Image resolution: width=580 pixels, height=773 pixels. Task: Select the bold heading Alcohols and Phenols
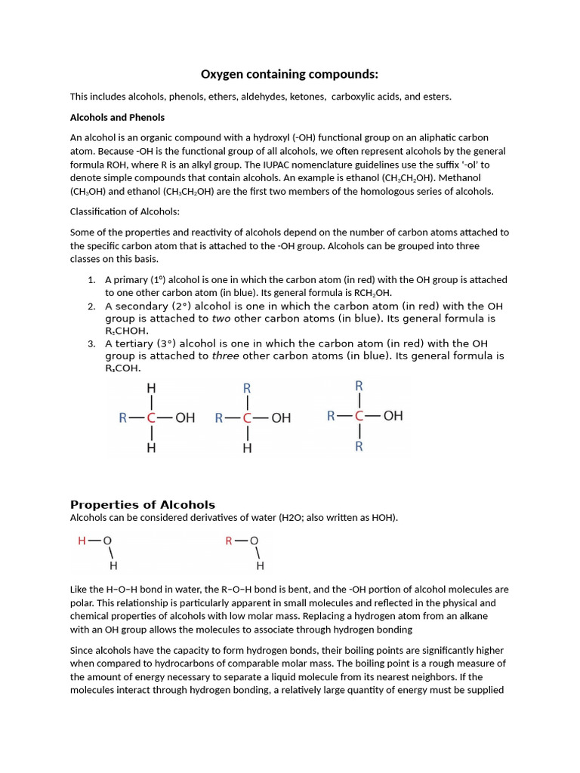[117, 118]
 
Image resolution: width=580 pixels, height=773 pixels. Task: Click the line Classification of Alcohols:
[125, 211]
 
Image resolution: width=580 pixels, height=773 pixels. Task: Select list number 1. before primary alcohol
[91, 280]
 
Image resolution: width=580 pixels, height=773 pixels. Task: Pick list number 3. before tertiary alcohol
[91, 343]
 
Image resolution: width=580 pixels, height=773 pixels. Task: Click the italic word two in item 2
[221, 319]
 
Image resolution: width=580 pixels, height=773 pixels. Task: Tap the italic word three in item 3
[224, 356]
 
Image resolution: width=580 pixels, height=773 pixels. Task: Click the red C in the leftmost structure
[152, 417]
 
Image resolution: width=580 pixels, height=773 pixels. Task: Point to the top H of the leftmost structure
[152, 388]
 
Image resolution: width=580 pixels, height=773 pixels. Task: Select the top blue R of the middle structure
[247, 388]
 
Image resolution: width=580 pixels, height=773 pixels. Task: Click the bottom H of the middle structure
[247, 448]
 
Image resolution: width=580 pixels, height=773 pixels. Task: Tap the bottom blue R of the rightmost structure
[359, 446]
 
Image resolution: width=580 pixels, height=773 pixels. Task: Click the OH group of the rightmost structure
[393, 416]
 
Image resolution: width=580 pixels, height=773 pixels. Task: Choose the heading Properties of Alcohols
[143, 505]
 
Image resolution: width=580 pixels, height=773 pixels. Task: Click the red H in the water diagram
[82, 540]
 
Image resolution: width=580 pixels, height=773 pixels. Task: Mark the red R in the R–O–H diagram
[230, 540]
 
